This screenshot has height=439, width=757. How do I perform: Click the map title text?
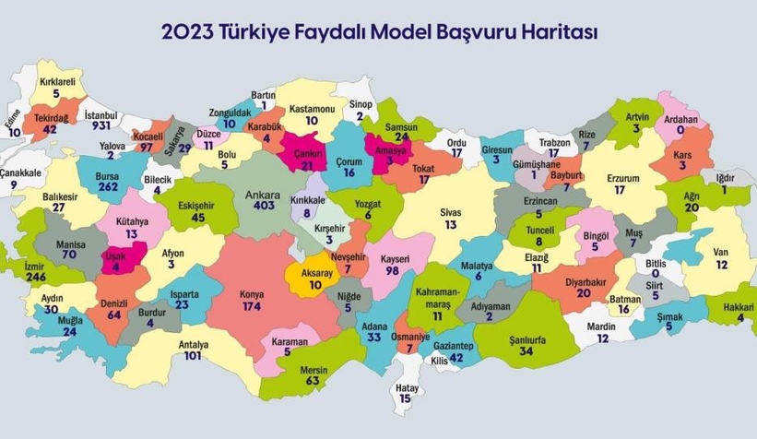coord(379,32)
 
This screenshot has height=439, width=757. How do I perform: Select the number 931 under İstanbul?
coord(101,126)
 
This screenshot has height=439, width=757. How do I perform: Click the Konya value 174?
coord(252,305)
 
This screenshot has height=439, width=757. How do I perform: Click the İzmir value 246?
coord(36,277)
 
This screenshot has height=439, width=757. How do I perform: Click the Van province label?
coord(721,252)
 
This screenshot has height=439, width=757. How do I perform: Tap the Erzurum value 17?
coord(620,190)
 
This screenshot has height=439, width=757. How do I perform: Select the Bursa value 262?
coord(109,185)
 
